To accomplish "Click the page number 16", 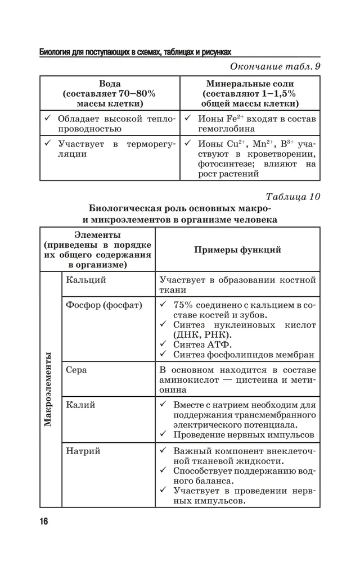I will [44, 521].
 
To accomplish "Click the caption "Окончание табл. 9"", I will [276, 67].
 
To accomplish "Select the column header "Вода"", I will [110, 84].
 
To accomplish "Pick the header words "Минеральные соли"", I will [250, 84].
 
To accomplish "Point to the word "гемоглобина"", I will [224, 128].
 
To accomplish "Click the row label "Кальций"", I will [85, 279].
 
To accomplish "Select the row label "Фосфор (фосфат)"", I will [103, 305].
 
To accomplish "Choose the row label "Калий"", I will [80, 405].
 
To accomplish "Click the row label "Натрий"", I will [83, 451].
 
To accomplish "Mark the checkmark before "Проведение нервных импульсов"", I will [163, 434].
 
